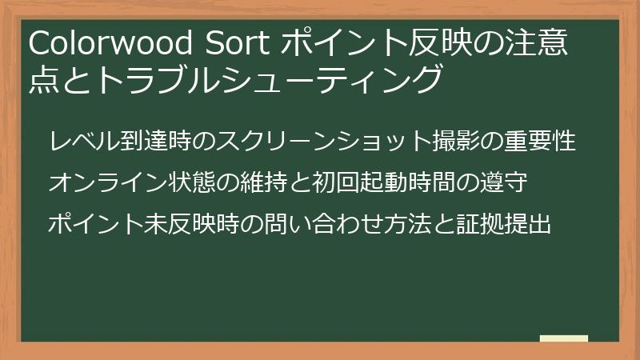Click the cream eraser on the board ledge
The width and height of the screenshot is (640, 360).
(564, 339)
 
